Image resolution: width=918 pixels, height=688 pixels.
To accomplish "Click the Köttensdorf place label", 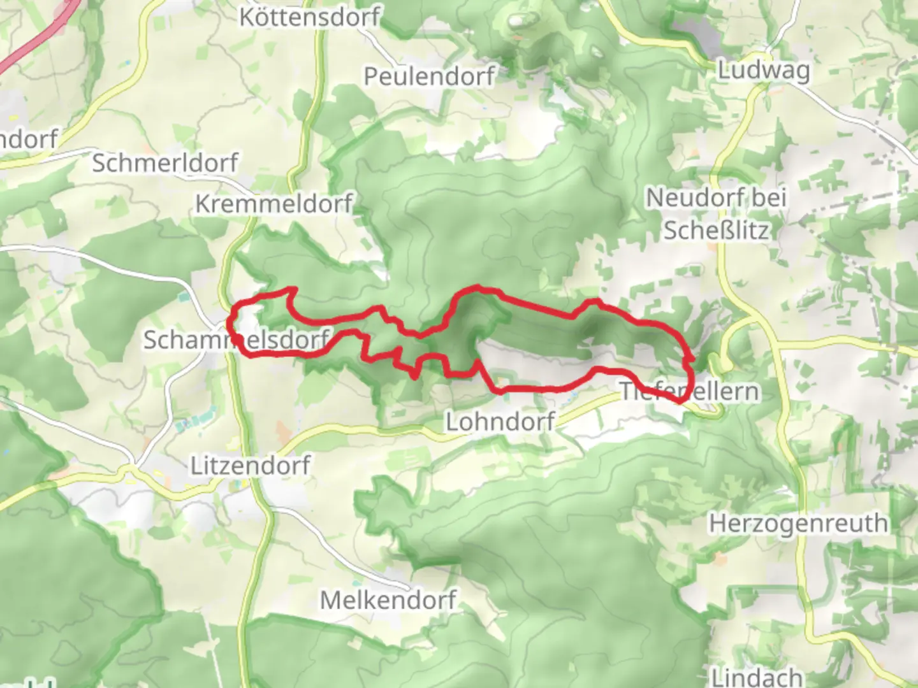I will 310,17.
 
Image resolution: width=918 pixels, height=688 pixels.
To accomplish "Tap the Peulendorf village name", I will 428,76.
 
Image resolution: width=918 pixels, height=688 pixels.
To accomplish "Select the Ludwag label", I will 764,70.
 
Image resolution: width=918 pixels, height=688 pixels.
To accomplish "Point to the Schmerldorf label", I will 165,163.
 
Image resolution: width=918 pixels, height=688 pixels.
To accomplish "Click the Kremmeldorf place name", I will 273,204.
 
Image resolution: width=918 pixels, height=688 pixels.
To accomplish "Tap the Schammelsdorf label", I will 236,340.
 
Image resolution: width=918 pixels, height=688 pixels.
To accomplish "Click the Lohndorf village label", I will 500,421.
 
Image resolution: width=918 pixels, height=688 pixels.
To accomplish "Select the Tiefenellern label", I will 690,391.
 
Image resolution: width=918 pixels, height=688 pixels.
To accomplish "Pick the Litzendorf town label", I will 251,466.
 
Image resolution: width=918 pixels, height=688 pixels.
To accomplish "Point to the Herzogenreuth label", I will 798,524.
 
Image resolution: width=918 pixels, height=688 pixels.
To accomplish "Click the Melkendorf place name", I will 388,600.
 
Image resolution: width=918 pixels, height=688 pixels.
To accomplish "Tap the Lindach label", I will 756,677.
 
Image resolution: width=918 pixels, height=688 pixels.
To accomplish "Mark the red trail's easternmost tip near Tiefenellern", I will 693,359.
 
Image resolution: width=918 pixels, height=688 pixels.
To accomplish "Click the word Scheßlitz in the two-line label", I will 716,231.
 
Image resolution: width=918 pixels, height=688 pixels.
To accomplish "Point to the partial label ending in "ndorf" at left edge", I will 29,139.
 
